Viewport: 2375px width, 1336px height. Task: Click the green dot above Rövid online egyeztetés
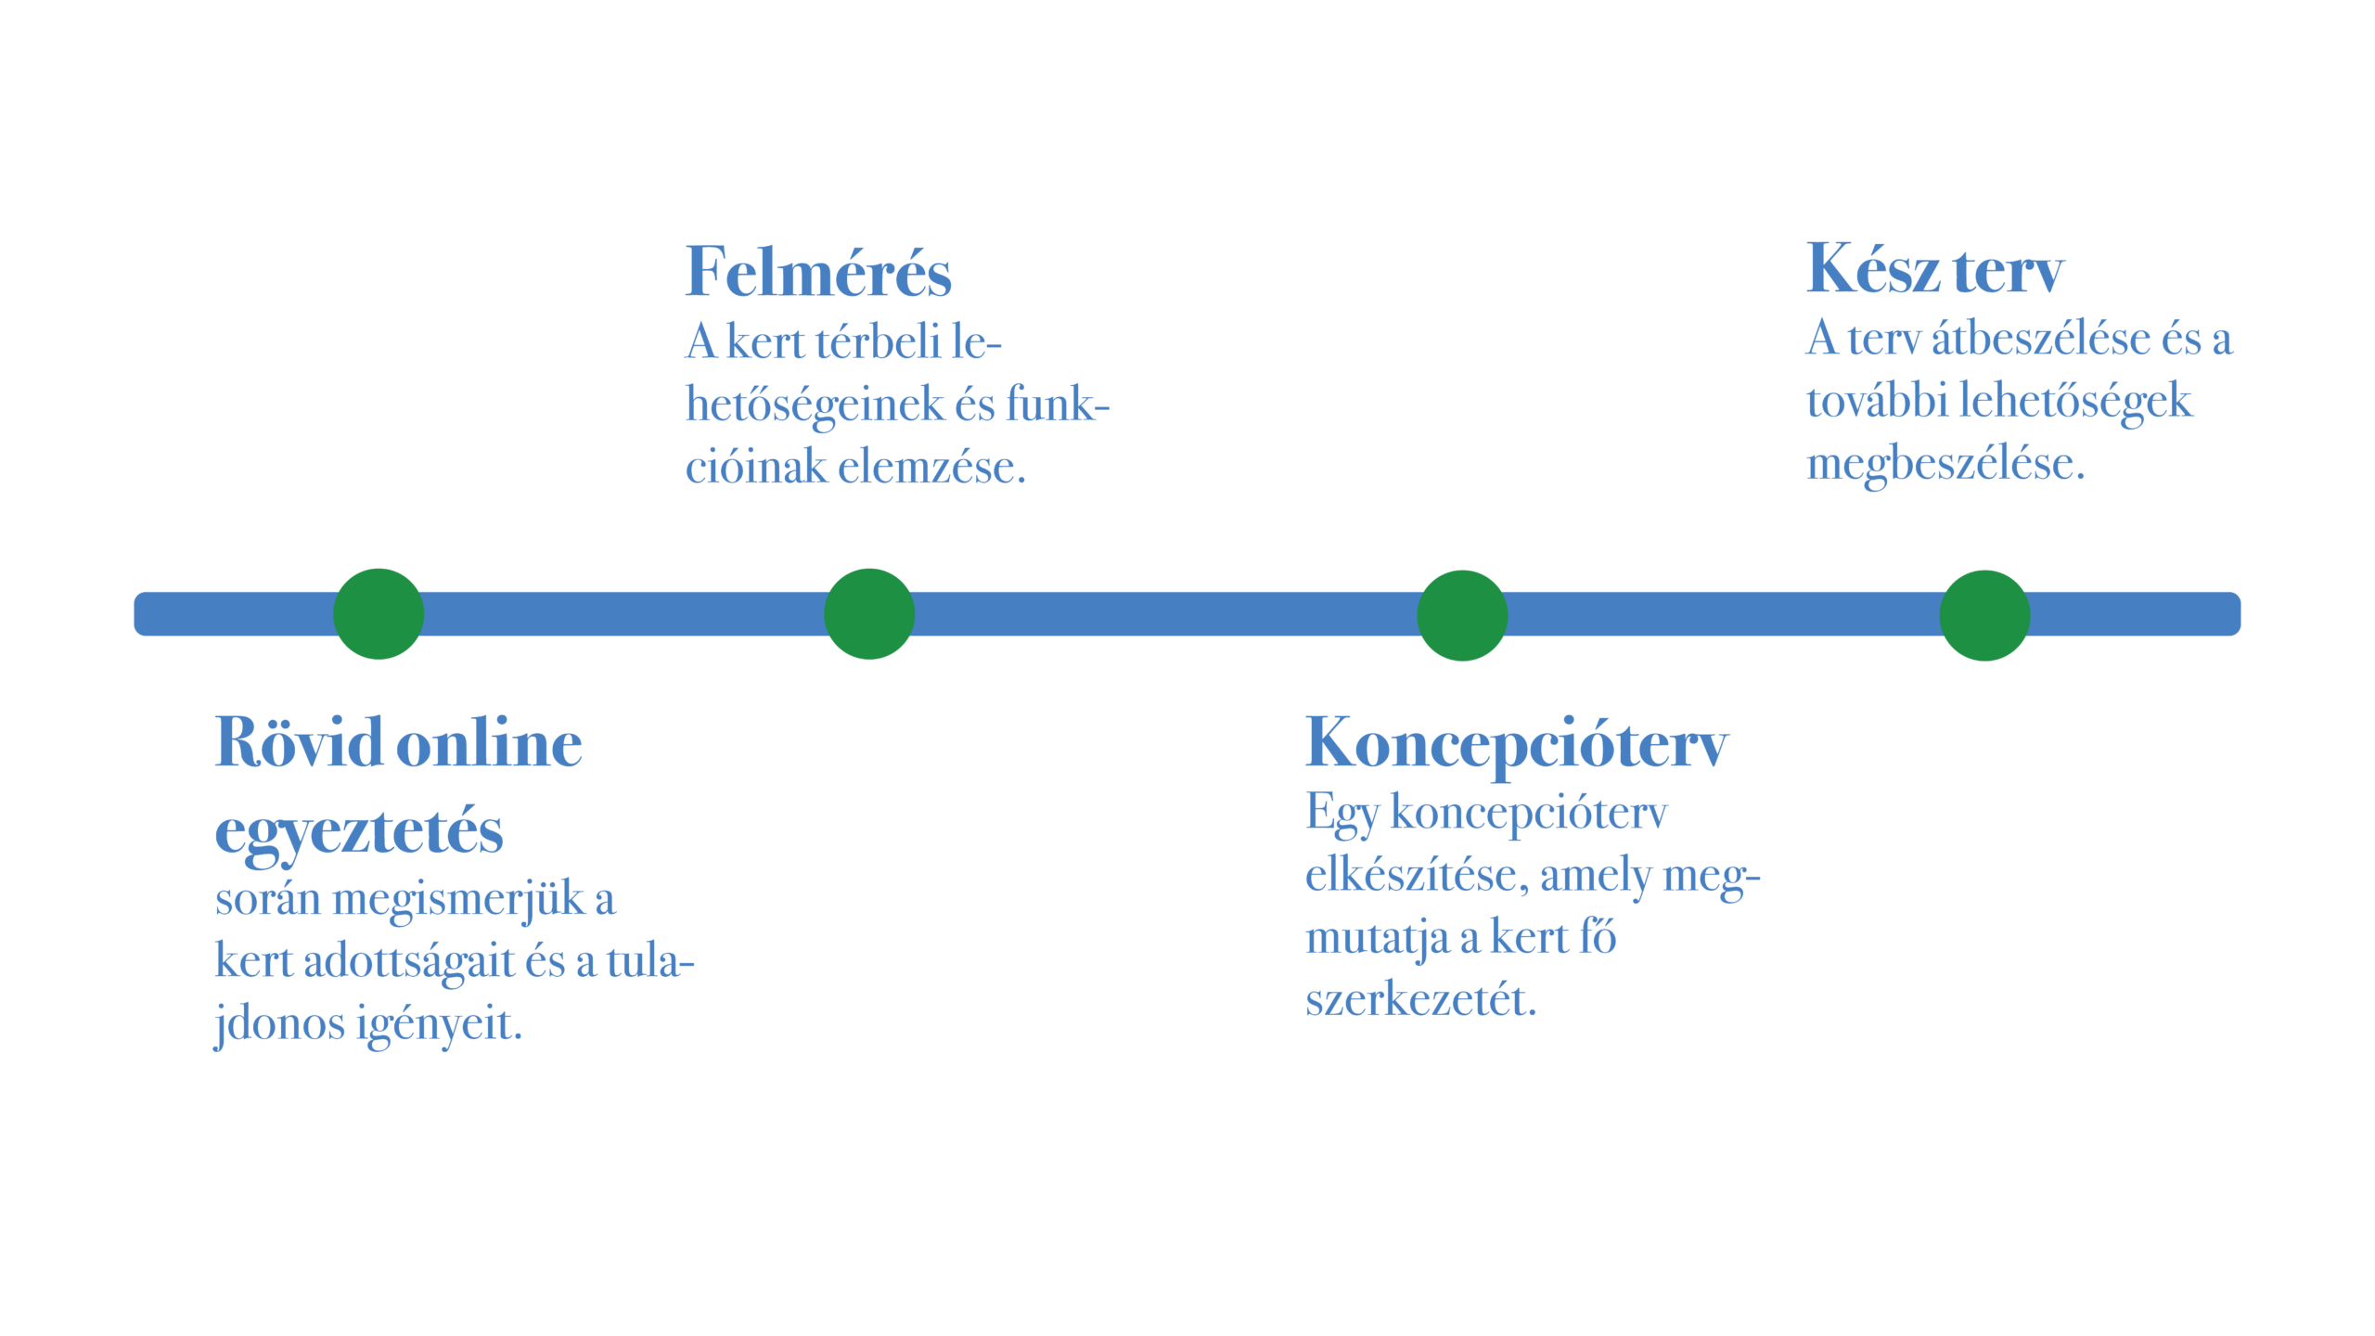coord(379,614)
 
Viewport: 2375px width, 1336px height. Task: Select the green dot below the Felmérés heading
coord(869,614)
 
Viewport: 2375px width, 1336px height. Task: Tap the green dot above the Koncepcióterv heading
coord(1462,615)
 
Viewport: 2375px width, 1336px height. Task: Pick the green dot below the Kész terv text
coord(1984,615)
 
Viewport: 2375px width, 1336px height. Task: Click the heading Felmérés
coord(817,273)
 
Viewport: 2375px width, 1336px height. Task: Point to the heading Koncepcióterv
coord(1516,745)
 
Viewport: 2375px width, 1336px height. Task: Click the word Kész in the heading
coord(1872,270)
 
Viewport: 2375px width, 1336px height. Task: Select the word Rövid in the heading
coord(299,743)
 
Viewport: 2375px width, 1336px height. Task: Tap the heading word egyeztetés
coord(359,831)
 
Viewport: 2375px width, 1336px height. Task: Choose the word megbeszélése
coord(1945,464)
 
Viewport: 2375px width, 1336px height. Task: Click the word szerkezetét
coord(1420,1000)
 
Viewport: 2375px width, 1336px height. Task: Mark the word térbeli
coord(878,341)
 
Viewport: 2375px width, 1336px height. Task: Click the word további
coord(1876,402)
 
